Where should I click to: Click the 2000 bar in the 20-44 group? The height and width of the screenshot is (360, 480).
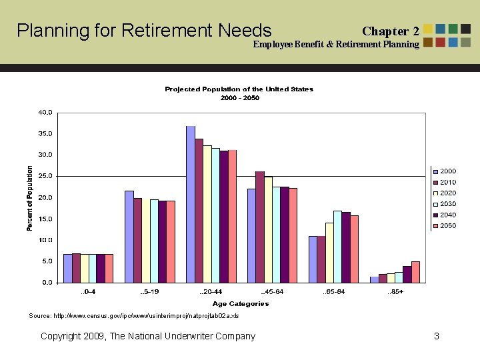[191, 204]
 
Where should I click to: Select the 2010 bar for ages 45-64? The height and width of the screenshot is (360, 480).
[260, 227]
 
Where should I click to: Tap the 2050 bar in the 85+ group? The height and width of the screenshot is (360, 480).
[415, 272]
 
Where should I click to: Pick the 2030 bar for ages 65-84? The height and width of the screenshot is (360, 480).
[337, 247]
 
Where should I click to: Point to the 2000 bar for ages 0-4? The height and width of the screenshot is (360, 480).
[68, 268]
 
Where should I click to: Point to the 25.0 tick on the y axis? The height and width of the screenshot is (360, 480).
[45, 176]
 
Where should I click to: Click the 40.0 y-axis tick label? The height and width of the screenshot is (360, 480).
[45, 113]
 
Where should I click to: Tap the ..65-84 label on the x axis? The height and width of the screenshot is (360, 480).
[333, 292]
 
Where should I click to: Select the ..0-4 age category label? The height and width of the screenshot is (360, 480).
[87, 292]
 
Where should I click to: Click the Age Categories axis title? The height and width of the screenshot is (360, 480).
[241, 304]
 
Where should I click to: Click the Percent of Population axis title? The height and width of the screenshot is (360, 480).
[29, 198]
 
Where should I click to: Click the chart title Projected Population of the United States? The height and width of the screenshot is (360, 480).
[239, 89]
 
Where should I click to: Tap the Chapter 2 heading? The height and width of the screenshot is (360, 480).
[390, 31]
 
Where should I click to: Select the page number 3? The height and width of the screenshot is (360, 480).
[436, 336]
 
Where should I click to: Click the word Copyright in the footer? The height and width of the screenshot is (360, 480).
[62, 336]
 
